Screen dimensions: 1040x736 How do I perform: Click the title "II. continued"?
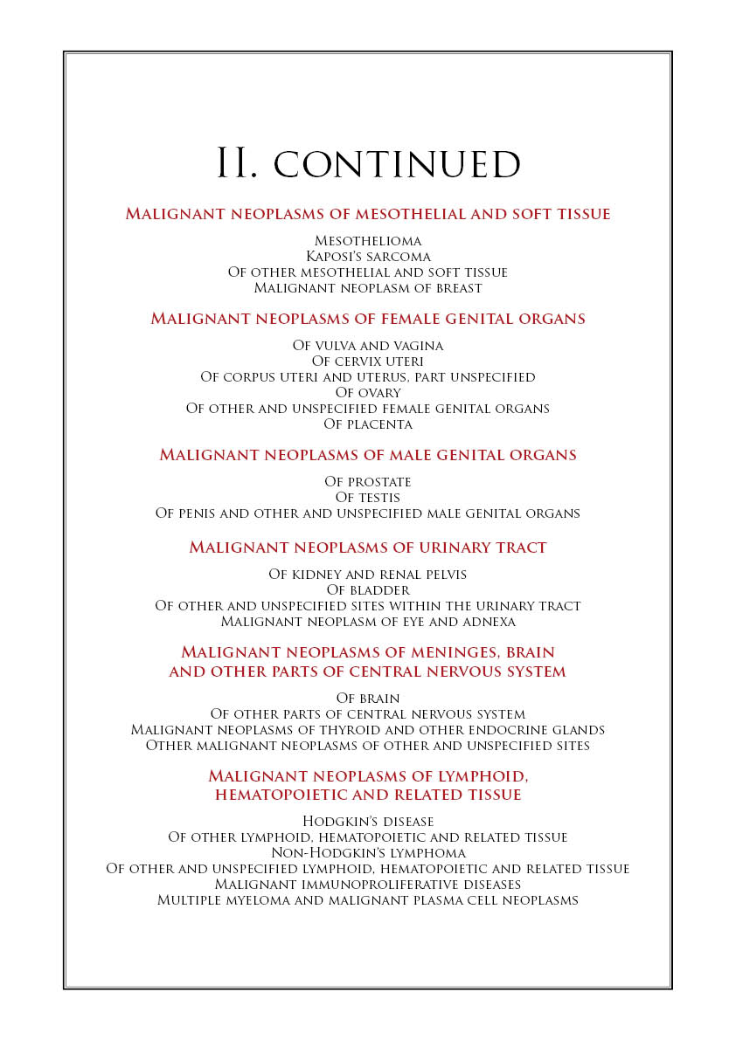[368, 164]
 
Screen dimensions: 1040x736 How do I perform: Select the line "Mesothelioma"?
[368, 240]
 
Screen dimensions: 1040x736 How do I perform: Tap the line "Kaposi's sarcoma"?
[368, 256]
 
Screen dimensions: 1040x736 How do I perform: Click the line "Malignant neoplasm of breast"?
[368, 287]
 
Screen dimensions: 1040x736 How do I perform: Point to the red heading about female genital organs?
[368, 319]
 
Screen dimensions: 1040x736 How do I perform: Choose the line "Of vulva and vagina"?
[368, 346]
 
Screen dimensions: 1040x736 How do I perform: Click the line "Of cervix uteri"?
[368, 362]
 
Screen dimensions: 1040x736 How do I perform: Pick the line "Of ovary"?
[368, 393]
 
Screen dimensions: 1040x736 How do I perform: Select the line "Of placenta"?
[368, 424]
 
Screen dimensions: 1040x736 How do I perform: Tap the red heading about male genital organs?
[368, 455]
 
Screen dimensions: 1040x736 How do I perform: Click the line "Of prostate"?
[368, 482]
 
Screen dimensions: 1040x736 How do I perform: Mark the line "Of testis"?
[368, 498]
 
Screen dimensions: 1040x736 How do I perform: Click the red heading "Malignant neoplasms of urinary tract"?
[368, 548]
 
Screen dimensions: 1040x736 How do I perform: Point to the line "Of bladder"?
[368, 590]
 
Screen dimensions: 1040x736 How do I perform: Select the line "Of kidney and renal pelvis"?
[368, 575]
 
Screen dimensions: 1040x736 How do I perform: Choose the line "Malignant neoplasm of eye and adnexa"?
[368, 622]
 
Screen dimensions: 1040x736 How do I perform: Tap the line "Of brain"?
[368, 699]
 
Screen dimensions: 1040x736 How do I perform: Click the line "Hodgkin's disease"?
[368, 822]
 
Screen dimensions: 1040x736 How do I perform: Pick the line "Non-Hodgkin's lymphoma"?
[368, 853]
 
